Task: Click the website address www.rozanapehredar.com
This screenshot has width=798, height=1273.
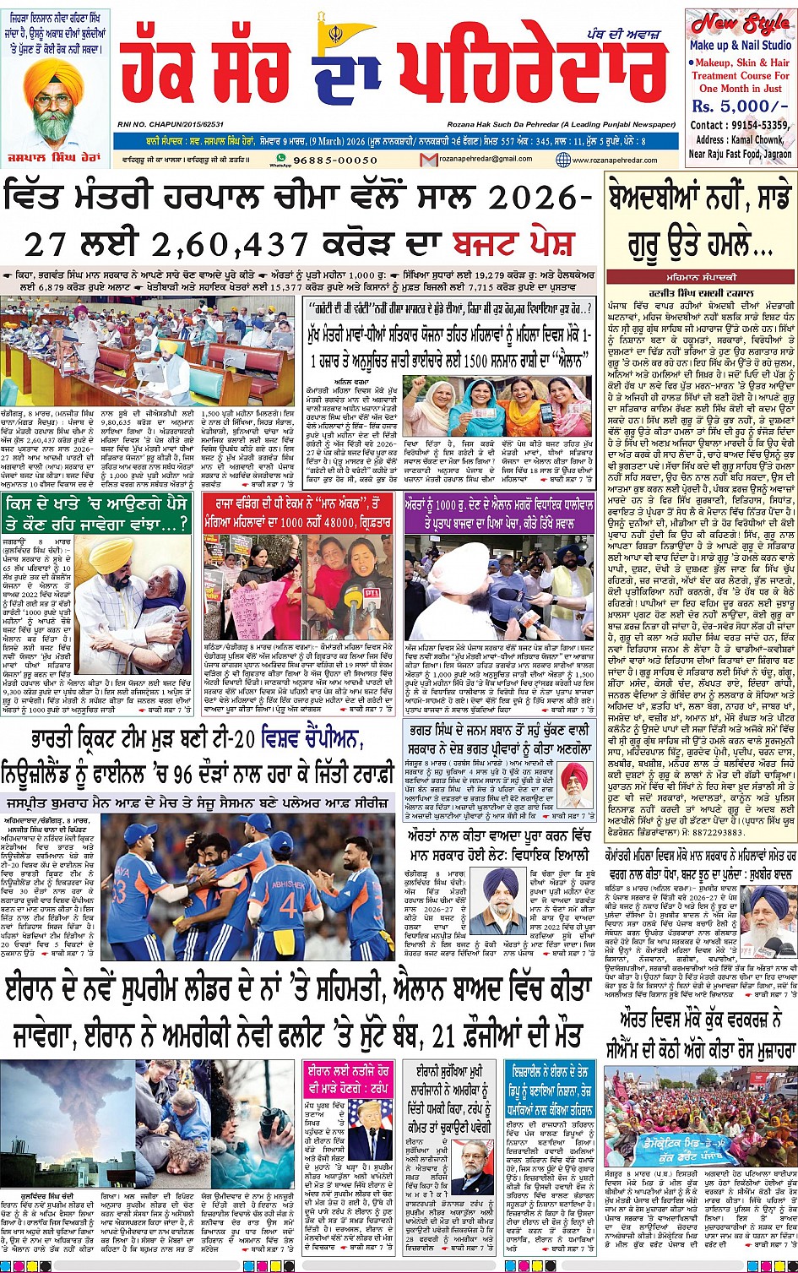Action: [x=616, y=160]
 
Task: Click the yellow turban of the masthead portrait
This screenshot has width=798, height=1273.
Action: [x=53, y=76]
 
